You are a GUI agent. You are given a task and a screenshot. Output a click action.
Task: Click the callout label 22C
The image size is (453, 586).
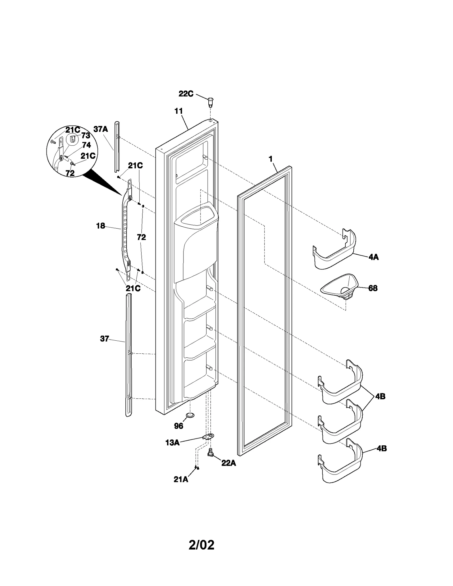pyautogui.click(x=186, y=94)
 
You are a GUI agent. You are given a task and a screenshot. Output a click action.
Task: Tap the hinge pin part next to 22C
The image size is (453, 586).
pyautogui.click(x=211, y=102)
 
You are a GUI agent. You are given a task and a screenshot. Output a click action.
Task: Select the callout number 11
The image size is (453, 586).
pyautogui.click(x=178, y=111)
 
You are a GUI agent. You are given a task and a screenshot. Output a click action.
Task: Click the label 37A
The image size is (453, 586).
pyautogui.click(x=101, y=129)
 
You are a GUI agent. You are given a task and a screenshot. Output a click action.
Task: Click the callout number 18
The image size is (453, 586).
pyautogui.click(x=101, y=226)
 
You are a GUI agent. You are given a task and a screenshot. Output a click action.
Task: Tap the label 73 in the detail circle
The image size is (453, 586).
pyautogui.click(x=86, y=136)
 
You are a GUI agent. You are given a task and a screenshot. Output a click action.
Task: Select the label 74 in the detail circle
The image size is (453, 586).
pyautogui.click(x=86, y=145)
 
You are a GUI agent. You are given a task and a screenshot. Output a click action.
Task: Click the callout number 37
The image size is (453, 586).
pyautogui.click(x=104, y=339)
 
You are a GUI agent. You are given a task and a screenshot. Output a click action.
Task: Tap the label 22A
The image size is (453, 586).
pyautogui.click(x=228, y=463)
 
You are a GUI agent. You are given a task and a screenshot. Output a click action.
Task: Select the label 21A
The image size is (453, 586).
pyautogui.click(x=181, y=479)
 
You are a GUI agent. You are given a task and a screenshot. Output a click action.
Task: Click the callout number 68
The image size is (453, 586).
pyautogui.click(x=373, y=288)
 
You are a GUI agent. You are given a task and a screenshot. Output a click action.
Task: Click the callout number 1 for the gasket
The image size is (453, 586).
pyautogui.click(x=271, y=159)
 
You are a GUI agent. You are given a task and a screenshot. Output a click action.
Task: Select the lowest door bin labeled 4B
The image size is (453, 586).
pyautogui.click(x=340, y=461)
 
